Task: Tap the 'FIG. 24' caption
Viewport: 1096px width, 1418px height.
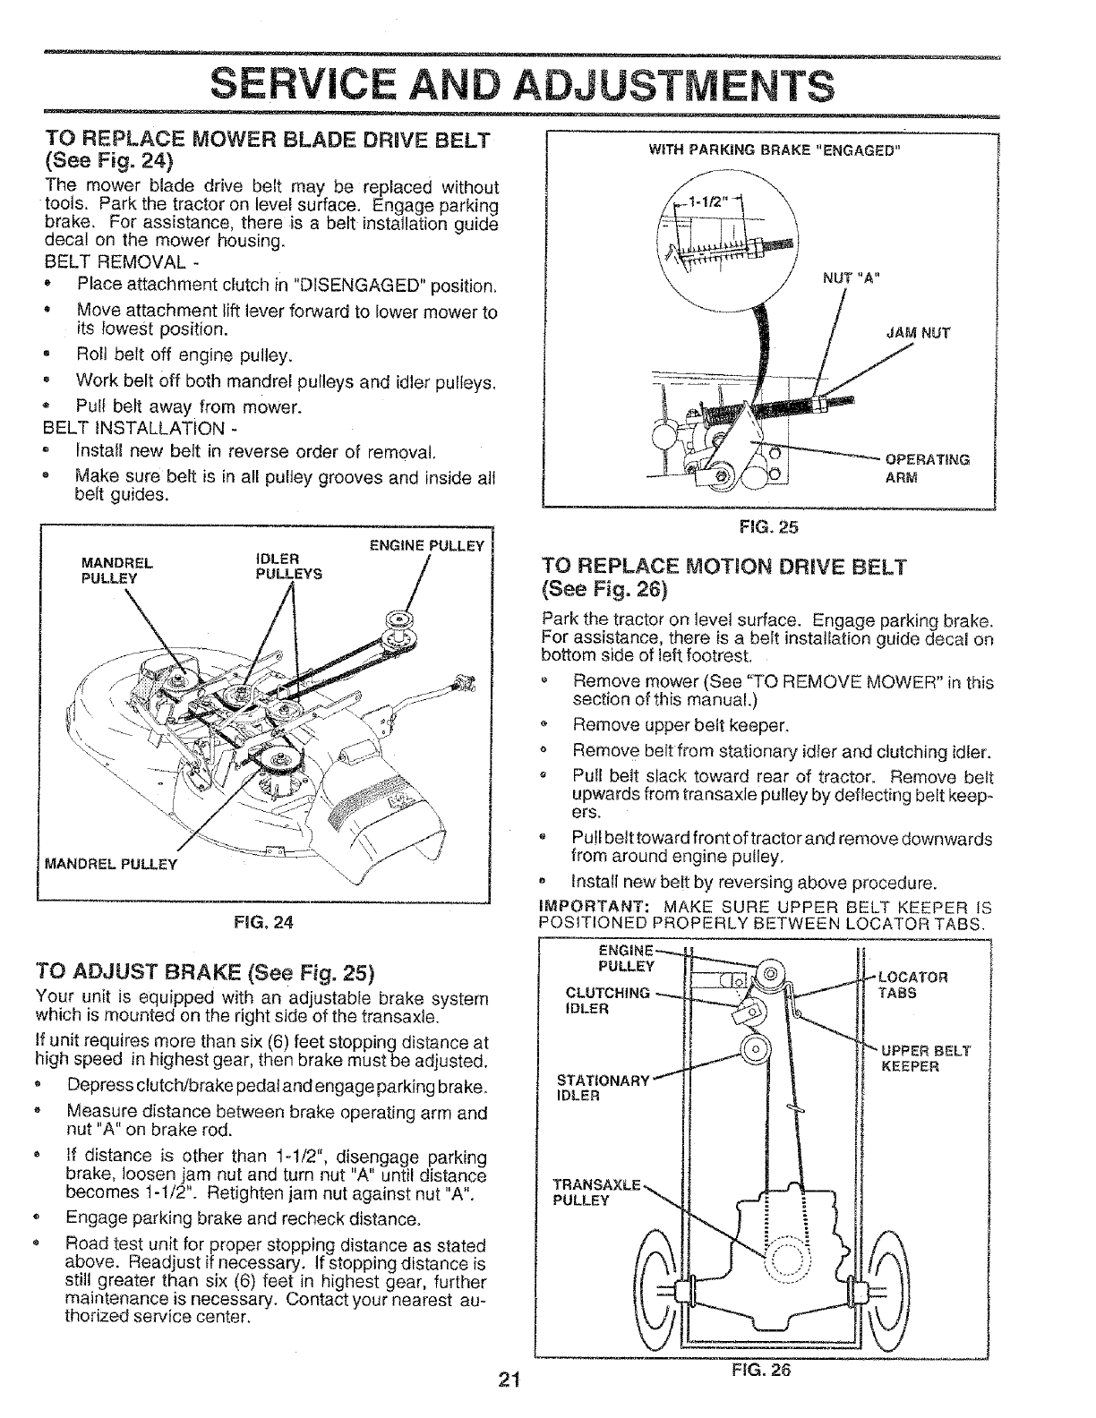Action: click(x=274, y=921)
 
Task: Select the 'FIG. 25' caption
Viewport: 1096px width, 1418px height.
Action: click(x=769, y=527)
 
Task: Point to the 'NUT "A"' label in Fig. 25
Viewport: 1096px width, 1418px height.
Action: click(x=852, y=276)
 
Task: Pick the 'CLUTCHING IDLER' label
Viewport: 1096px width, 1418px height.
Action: click(x=608, y=1000)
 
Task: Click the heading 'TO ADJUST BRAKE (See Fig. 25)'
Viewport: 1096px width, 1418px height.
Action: click(x=203, y=972)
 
